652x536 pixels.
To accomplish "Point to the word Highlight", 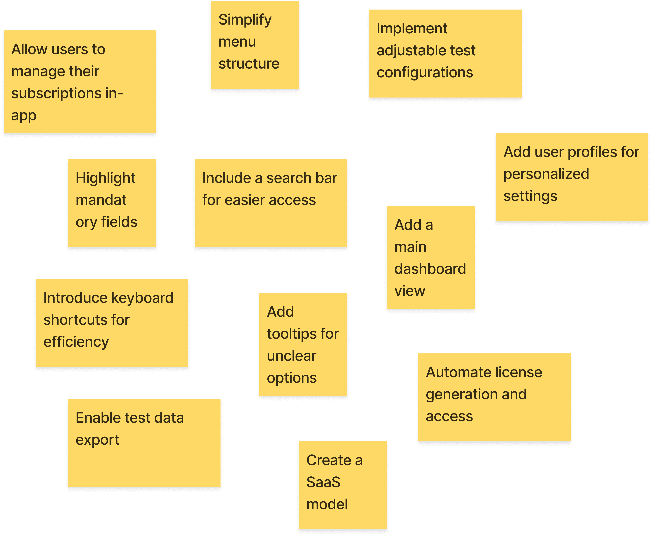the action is [105, 179].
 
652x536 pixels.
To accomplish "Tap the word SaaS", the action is [323, 483].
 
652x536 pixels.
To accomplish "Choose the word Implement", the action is [412, 29].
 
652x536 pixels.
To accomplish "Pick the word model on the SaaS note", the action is [327, 504].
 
